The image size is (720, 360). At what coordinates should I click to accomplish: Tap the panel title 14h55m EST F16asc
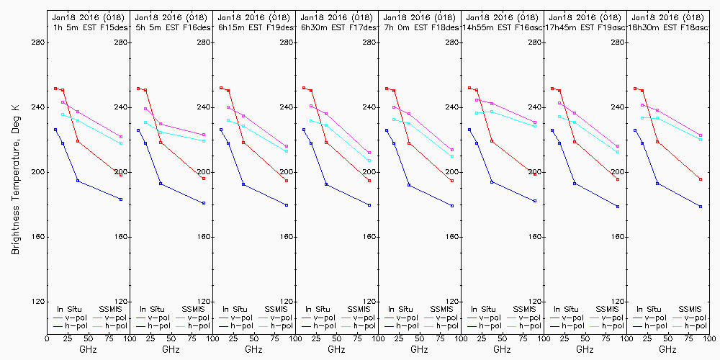503,27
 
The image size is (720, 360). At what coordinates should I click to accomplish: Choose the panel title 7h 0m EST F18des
420,27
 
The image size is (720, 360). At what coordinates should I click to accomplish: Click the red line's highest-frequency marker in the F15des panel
121,174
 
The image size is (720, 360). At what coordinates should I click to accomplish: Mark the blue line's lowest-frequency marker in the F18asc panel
635,130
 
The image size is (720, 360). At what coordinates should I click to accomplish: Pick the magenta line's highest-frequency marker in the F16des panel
204,135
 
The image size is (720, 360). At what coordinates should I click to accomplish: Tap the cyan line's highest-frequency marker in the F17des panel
369,161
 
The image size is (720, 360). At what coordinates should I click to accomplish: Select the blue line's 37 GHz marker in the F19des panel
243,184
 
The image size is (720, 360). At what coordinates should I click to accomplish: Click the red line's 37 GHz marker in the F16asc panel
492,141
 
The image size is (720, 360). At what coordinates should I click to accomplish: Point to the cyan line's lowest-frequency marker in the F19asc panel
559,117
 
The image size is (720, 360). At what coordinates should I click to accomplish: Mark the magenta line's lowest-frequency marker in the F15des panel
63,102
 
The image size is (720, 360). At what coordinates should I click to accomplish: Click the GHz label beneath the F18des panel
420,350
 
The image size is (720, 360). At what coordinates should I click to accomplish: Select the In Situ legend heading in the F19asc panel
568,309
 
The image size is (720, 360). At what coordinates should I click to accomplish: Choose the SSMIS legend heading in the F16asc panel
524,309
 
